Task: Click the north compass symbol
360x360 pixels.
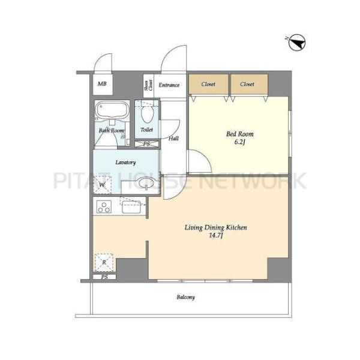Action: coord(296,42)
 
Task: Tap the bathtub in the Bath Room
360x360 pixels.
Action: coord(112,110)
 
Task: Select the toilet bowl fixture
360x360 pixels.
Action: coord(147,113)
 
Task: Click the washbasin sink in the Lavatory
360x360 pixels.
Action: coord(146,183)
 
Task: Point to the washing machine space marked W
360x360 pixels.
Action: coord(103,185)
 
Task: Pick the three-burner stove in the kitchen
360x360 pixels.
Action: coord(104,206)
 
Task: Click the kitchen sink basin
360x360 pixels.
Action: coord(131,206)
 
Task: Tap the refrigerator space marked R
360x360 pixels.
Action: coord(104,262)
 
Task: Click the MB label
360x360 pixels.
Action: coord(102,84)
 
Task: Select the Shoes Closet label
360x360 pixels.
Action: coord(148,85)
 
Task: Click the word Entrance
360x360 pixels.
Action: coord(169,85)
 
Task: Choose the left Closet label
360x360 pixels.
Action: coord(208,84)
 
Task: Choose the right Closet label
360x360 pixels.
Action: coord(247,84)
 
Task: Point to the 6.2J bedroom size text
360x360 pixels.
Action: coord(239,142)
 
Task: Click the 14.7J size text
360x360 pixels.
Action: coord(216,236)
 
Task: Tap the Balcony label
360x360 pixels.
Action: coord(186,298)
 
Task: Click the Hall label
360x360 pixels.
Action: coord(173,139)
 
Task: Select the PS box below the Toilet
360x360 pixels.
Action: coord(146,144)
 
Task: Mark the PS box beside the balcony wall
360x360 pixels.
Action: coord(104,277)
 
